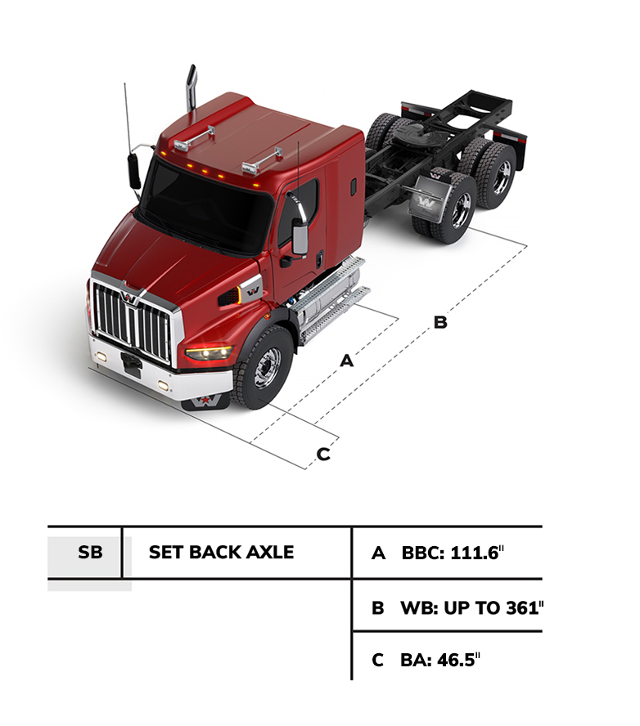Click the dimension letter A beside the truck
pyautogui.click(x=346, y=360)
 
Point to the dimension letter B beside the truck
pyautogui.click(x=440, y=323)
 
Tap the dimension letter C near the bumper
pyautogui.click(x=323, y=454)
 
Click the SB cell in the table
pyautogui.click(x=91, y=552)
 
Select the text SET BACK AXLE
pyautogui.click(x=221, y=552)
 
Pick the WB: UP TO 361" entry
pyautogui.click(x=458, y=607)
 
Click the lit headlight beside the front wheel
pyautogui.click(x=210, y=352)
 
